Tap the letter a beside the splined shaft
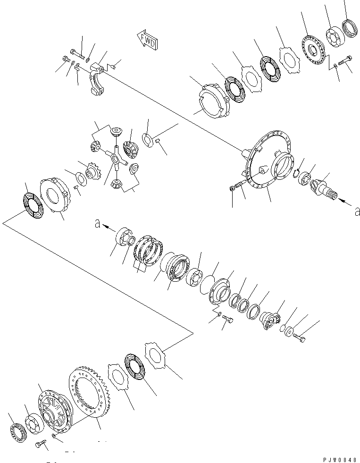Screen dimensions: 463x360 (356, 211)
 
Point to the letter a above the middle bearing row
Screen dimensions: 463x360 (98, 225)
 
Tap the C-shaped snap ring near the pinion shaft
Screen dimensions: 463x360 (296, 175)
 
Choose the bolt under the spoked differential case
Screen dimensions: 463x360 (40, 445)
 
